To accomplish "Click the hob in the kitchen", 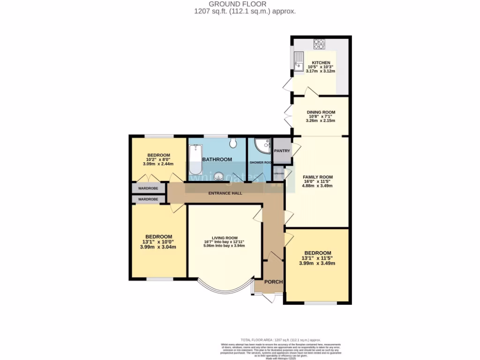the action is click(319, 44).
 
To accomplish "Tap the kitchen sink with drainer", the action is click(298, 61).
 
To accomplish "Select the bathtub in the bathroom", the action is click(195, 159).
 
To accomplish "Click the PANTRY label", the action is click(282, 151).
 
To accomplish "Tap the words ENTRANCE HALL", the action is click(225, 193).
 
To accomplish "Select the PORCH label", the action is click(274, 282).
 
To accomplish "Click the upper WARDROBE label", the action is click(148, 188).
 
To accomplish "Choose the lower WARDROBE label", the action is click(148, 199).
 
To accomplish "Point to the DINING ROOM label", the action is click(321, 112).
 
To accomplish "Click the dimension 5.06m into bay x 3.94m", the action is click(224, 246).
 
